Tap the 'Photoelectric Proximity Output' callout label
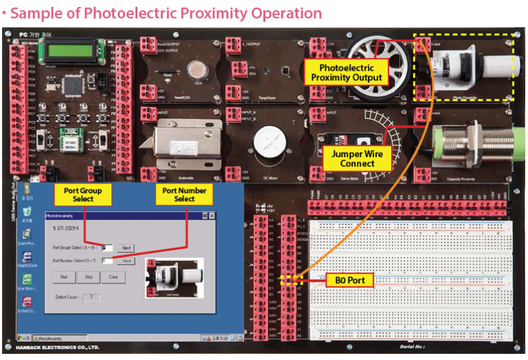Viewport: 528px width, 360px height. [x=346, y=72]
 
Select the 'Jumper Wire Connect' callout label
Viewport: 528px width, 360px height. [x=357, y=159]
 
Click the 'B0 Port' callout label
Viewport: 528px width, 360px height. [x=349, y=280]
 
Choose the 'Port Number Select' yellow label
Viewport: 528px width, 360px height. [x=184, y=194]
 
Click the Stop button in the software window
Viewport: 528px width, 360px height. [x=89, y=277]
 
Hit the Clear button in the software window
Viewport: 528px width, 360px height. [x=113, y=277]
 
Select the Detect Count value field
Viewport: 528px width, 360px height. [x=91, y=297]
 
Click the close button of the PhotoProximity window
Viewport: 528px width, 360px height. [x=213, y=216]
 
